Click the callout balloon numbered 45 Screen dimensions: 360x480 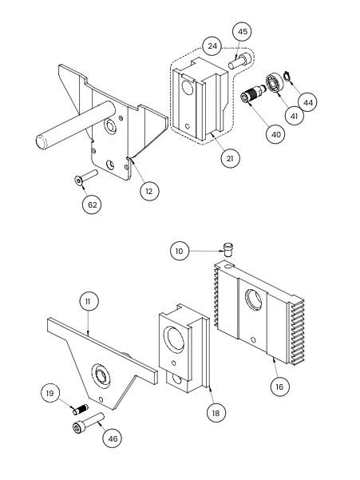tap(242, 32)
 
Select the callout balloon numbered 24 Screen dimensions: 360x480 tap(212, 46)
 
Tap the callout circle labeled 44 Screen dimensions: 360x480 tap(307, 102)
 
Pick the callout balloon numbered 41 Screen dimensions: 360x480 tap(294, 116)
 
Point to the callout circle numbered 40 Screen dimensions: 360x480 tap(275, 134)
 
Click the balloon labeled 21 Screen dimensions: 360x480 tap(230, 159)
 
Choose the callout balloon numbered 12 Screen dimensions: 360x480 tap(149, 192)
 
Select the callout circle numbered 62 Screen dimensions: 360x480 tap(92, 204)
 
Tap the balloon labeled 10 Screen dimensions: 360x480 tap(180, 251)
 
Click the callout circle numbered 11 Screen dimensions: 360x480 tap(89, 302)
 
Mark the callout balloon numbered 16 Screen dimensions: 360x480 tap(279, 387)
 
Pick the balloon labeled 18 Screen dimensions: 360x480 tap(216, 413)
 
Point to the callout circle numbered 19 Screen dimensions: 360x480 tap(50, 393)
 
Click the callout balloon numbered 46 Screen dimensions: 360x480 tap(113, 438)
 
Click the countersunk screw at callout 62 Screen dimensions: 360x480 tap(85, 177)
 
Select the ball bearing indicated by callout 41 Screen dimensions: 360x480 tap(275, 82)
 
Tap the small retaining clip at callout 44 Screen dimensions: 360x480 tap(287, 76)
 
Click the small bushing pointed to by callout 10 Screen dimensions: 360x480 tap(227, 249)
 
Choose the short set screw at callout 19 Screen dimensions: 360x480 tap(81, 409)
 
